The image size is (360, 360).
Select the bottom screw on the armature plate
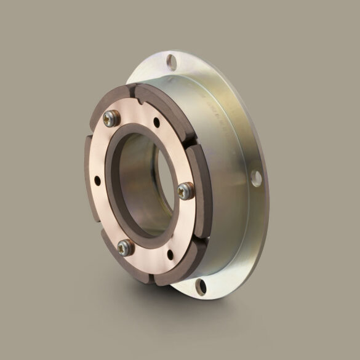126,247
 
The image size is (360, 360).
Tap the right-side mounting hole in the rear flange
257,178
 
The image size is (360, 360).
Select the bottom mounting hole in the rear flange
201,284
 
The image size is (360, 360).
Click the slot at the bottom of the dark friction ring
155,282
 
